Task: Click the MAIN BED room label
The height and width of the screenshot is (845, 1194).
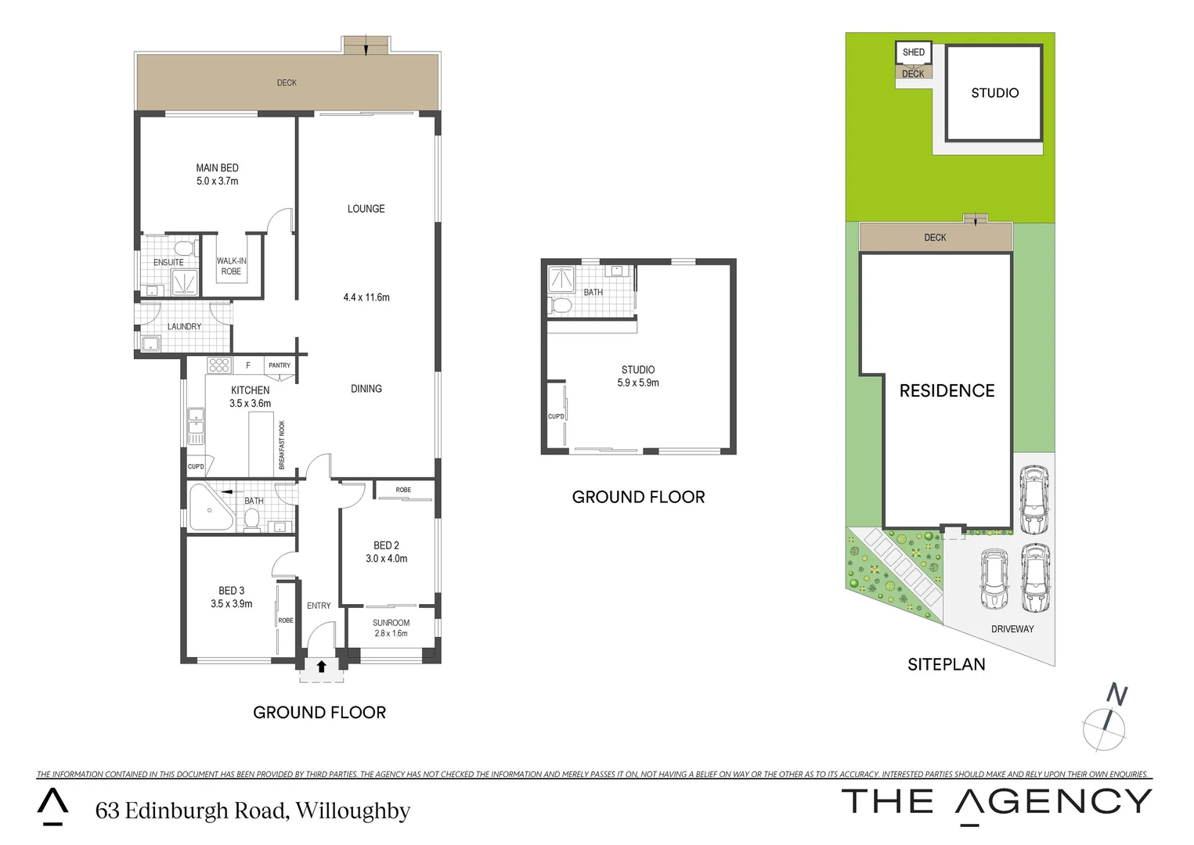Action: (218, 168)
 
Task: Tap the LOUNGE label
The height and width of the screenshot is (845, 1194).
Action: (366, 209)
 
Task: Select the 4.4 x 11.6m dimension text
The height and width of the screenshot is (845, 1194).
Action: (366, 297)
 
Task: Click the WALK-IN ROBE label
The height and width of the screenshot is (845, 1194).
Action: (231, 266)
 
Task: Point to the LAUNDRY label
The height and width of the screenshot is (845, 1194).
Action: (184, 326)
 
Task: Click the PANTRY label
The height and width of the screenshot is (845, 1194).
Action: (280, 365)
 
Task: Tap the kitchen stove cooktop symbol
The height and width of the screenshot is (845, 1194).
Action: (219, 365)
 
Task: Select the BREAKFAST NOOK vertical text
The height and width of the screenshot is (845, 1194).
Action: (282, 445)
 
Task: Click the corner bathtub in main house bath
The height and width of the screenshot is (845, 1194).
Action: (207, 509)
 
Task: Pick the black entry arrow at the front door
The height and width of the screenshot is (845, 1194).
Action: (321, 667)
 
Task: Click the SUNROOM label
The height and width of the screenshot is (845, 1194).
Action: (391, 623)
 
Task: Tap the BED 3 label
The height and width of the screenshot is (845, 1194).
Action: (231, 591)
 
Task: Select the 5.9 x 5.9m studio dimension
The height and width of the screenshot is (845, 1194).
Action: (638, 383)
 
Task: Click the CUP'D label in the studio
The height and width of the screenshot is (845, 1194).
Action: (556, 416)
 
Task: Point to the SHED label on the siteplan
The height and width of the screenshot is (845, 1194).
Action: (913, 52)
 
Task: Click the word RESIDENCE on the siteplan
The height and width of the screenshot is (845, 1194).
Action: (947, 390)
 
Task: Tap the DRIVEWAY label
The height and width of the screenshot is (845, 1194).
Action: (1012, 629)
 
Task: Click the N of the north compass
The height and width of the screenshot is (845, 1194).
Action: (1117, 694)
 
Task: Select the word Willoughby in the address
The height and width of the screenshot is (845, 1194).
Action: (353, 811)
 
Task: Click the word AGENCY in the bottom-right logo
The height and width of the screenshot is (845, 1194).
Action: (1053, 802)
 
